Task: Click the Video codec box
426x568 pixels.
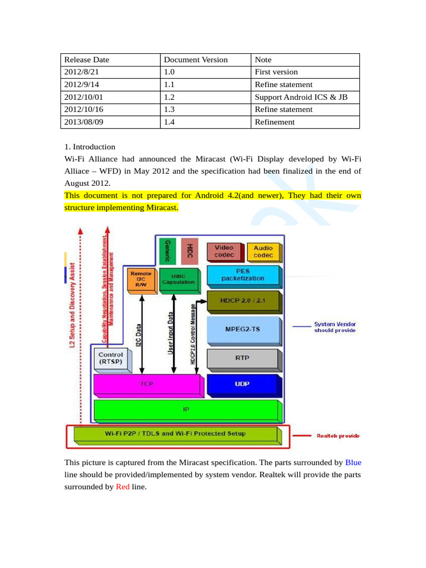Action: pos(225,251)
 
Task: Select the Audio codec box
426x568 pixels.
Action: pos(263,252)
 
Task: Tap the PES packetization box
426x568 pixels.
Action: pos(243,275)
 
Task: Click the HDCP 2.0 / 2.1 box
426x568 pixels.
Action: pos(243,301)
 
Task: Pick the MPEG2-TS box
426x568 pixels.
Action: pos(243,329)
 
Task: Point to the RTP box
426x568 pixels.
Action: pos(242,358)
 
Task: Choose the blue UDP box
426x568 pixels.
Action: pos(242,384)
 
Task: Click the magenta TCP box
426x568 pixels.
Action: pos(147,383)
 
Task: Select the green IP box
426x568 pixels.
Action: pos(187,410)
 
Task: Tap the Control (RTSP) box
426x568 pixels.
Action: pos(111,358)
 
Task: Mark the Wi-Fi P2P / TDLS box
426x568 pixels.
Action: pos(175,434)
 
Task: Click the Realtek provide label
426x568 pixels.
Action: pos(338,436)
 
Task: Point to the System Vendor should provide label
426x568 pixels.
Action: pos(335,327)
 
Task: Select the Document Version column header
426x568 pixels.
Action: pos(196,60)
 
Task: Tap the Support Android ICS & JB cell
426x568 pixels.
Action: pos(301,97)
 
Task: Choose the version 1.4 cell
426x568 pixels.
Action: pos(169,122)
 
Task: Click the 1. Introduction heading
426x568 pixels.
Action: pos(90,147)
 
